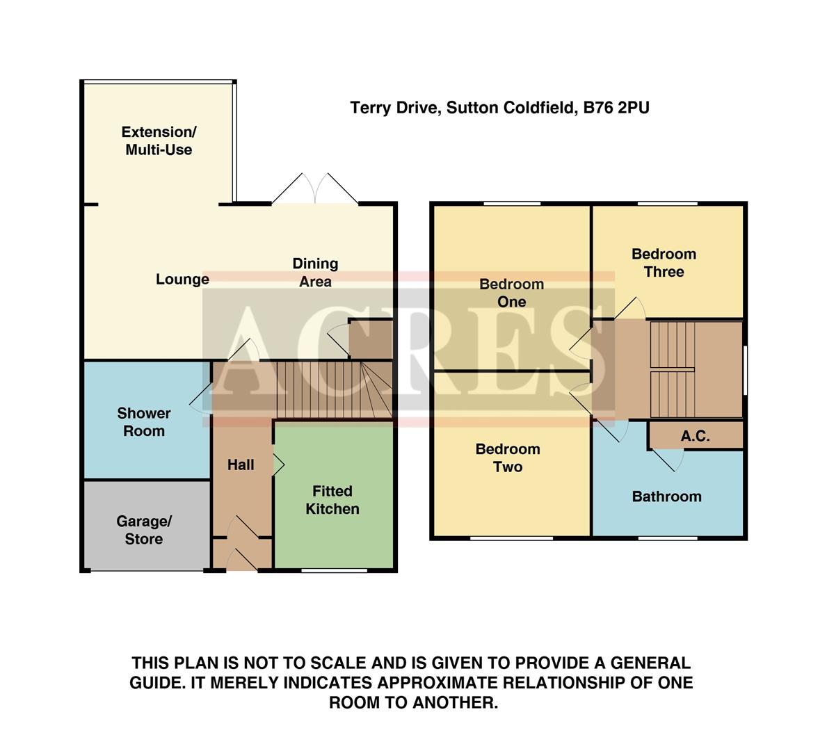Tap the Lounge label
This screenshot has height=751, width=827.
click(x=182, y=280)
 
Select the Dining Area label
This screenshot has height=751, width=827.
click(x=315, y=273)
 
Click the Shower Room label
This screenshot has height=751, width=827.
click(x=144, y=422)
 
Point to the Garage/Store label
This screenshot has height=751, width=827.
click(x=144, y=530)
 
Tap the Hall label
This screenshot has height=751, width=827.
click(x=241, y=465)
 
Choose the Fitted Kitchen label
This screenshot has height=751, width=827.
click(x=332, y=500)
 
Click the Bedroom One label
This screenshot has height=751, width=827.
click(x=512, y=293)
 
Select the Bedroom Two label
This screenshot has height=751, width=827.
click(x=508, y=458)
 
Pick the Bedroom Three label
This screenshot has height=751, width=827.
click(x=664, y=263)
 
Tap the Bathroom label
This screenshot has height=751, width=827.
click(x=666, y=496)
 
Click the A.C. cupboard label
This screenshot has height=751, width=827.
click(x=695, y=436)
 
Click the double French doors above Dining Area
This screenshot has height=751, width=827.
click(x=315, y=189)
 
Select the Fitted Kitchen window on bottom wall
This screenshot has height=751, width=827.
click(x=335, y=571)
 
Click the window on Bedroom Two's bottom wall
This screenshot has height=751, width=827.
click(x=511, y=538)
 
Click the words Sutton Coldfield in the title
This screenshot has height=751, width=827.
click(x=511, y=108)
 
